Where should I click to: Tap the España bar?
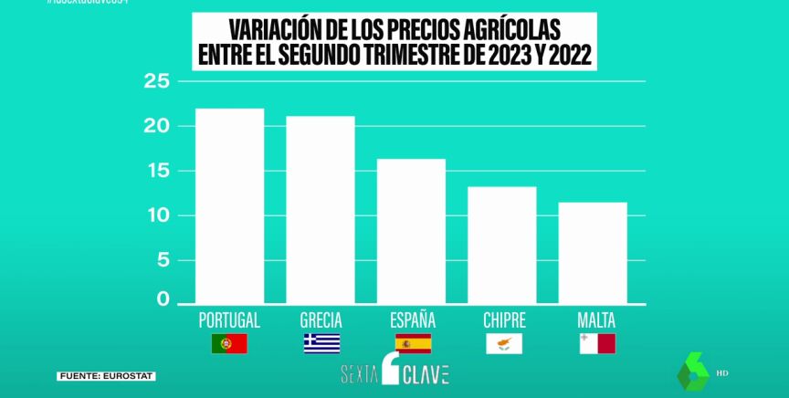click(x=412, y=233)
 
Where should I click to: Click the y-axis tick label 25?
click(x=158, y=82)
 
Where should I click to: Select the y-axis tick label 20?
click(x=158, y=126)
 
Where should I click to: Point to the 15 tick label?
click(x=158, y=171)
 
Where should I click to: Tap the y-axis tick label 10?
click(x=158, y=215)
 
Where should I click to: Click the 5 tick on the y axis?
click(x=163, y=260)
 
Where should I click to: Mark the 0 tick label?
click(x=163, y=298)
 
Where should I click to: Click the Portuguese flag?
click(x=229, y=344)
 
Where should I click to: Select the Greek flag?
click(x=321, y=344)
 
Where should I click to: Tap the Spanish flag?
click(x=413, y=344)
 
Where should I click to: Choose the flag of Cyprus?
click(x=504, y=344)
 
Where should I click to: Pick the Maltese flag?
click(x=596, y=344)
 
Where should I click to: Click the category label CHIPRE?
click(x=504, y=320)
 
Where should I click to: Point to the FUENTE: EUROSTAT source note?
click(x=107, y=376)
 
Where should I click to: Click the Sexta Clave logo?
click(x=394, y=372)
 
